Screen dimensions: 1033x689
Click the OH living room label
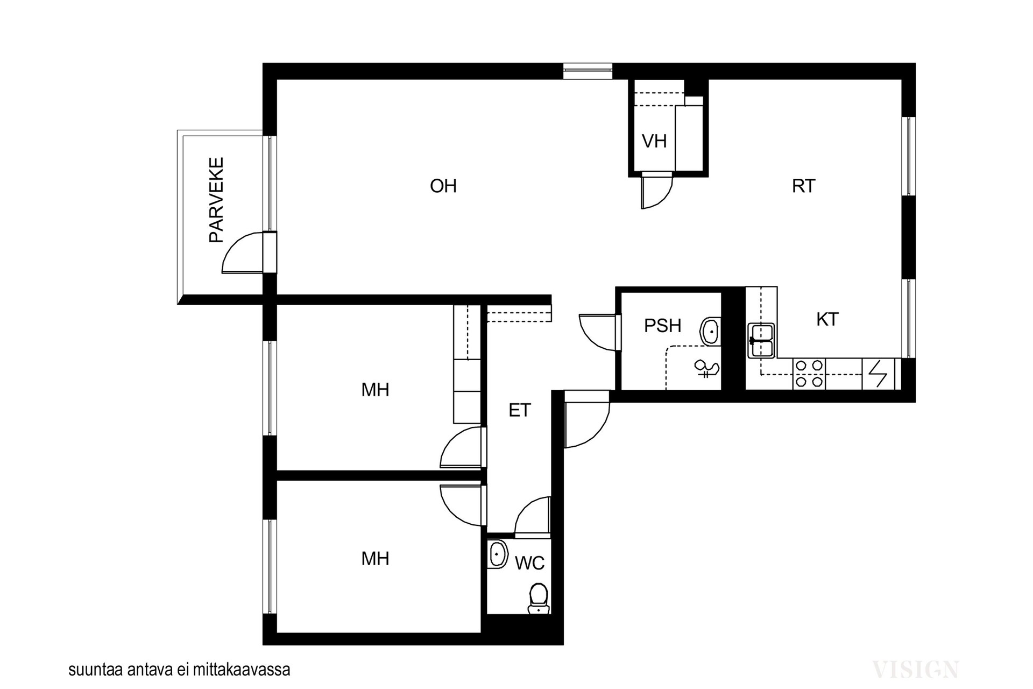click(x=443, y=186)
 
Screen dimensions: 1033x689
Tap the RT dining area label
click(x=803, y=186)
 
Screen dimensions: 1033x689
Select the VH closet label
click(x=654, y=141)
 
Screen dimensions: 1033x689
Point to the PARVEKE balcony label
click(x=216, y=200)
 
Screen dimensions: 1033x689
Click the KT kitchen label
click(x=827, y=319)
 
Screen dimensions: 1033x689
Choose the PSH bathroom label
click(x=663, y=326)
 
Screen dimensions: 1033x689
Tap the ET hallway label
click(x=520, y=410)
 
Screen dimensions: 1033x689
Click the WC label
click(x=530, y=563)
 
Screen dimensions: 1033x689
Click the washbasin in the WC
click(x=498, y=554)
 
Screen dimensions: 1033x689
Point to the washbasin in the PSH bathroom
click(x=711, y=331)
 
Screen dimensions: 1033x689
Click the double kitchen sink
click(x=761, y=340)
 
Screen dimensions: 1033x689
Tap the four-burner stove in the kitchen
click(x=809, y=374)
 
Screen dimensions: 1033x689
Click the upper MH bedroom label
click(x=375, y=390)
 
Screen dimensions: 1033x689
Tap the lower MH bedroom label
click(x=375, y=559)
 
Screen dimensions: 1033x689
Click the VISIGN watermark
click(x=915, y=670)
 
